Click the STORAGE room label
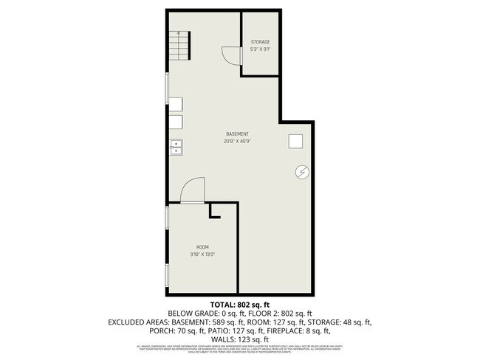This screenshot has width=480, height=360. pos(260,42)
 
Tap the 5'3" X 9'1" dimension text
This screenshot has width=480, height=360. pos(260,49)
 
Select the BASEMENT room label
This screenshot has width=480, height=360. pos(237,134)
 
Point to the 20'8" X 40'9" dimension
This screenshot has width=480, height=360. pos(237,141)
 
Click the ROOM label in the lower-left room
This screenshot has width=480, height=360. pos(202,246)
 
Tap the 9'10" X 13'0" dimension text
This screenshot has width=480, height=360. pos(202,254)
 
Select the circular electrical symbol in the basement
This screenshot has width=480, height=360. pos(301,172)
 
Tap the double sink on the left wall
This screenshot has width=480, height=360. pos(176,148)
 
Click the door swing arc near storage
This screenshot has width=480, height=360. pos(230,57)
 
